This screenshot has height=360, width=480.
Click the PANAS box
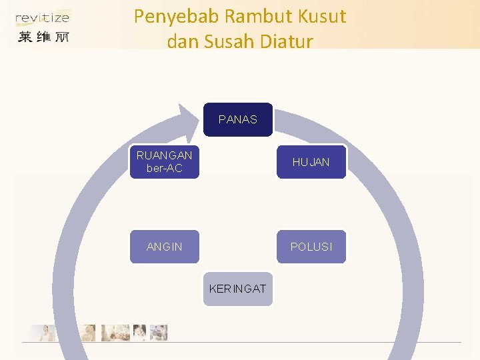(237, 119)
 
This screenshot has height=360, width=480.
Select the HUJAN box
(311, 162)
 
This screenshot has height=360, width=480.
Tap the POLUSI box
(311, 247)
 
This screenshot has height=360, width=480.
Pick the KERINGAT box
(237, 289)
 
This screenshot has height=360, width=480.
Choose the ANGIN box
(164, 247)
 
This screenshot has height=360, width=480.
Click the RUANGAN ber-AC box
(164, 162)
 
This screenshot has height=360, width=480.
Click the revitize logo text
(42, 18)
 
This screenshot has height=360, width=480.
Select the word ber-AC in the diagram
(164, 169)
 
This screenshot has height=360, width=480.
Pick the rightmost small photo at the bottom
(159, 333)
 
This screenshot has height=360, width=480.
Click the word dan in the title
(181, 41)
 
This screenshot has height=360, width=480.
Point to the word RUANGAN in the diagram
(164, 155)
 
